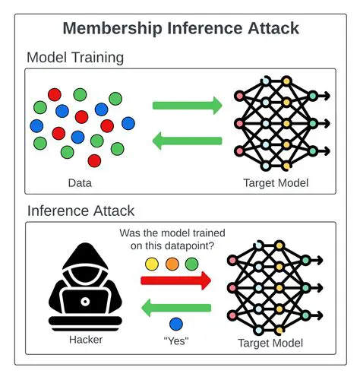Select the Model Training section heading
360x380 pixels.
tap(75, 58)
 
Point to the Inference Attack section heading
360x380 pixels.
tap(81, 211)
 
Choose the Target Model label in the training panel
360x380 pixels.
tap(276, 182)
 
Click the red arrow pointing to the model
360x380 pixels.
tap(175, 281)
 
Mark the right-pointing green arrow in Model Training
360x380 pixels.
tap(187, 105)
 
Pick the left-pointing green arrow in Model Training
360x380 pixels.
tap(187, 141)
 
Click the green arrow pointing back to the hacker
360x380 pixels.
tap(175, 308)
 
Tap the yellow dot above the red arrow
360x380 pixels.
tap(152, 264)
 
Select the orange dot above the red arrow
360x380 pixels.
tap(172, 264)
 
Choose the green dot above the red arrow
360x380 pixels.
tap(191, 264)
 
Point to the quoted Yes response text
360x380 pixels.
tap(175, 341)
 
